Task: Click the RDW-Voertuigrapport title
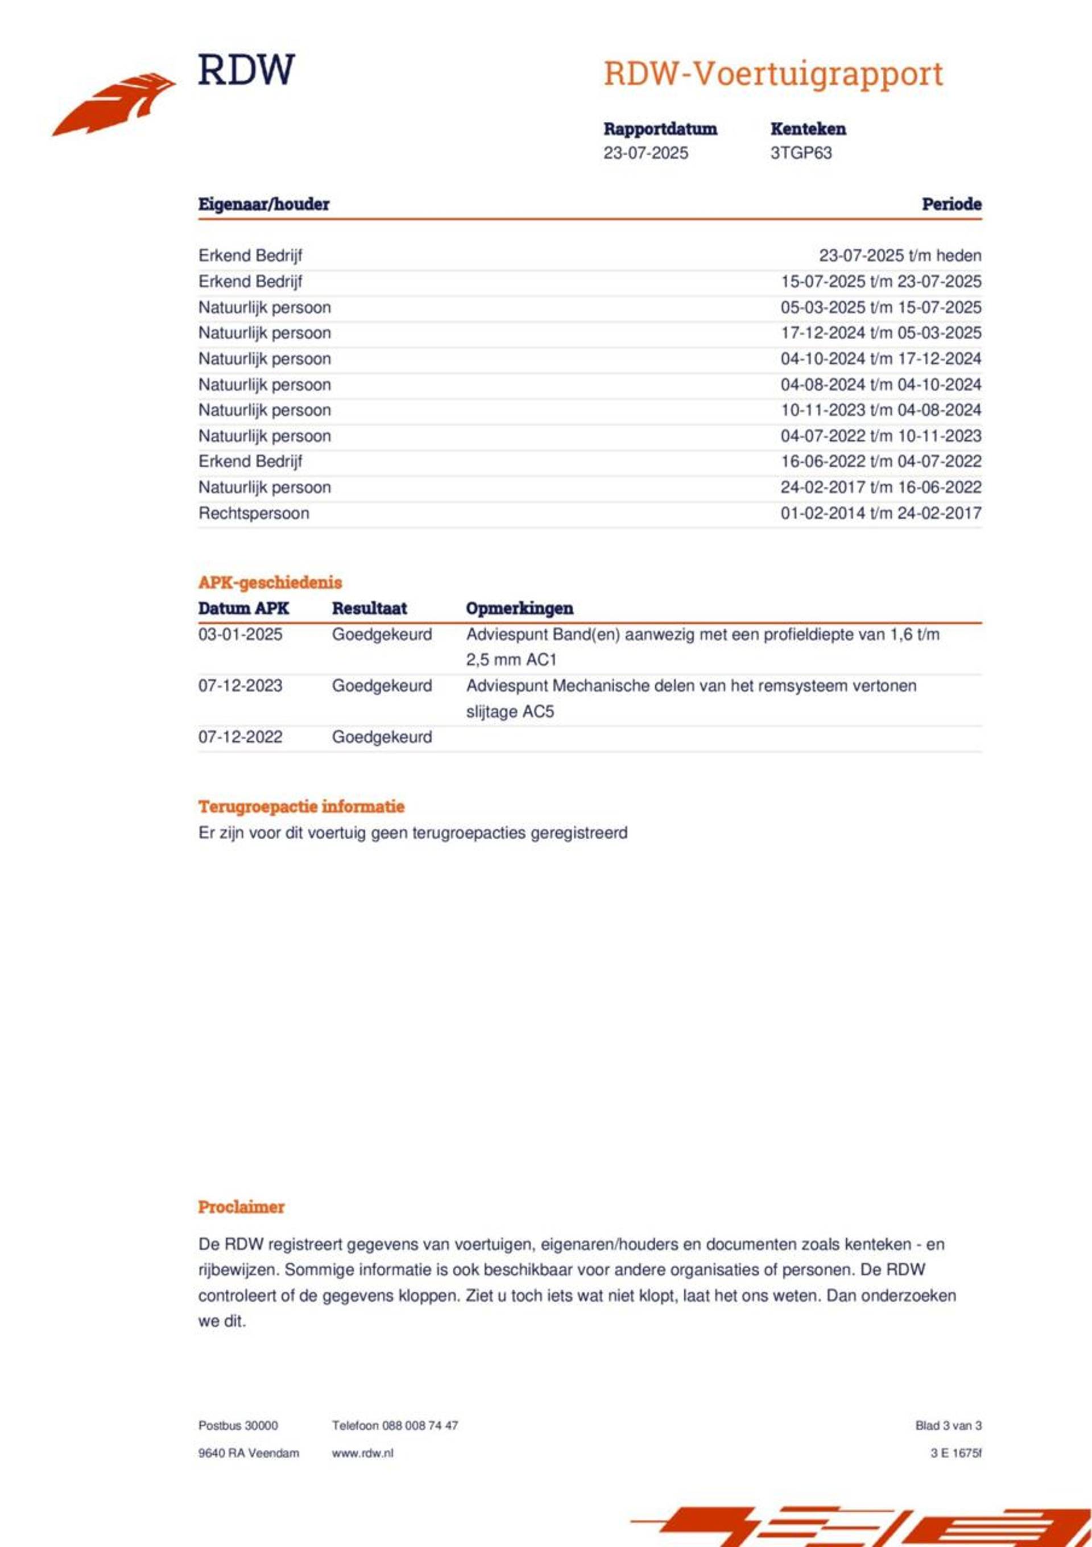click(773, 74)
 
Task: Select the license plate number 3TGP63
click(800, 153)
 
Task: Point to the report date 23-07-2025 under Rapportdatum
click(646, 153)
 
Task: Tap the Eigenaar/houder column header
click(263, 204)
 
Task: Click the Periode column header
click(950, 204)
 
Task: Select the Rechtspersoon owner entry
click(253, 513)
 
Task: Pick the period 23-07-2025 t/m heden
click(899, 255)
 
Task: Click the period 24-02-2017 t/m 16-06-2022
click(880, 487)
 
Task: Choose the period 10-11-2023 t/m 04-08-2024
click(880, 410)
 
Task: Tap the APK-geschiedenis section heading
click(270, 582)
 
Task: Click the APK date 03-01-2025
click(240, 634)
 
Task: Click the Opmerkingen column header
click(519, 608)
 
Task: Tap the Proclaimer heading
click(241, 1207)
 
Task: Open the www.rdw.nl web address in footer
click(362, 1453)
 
